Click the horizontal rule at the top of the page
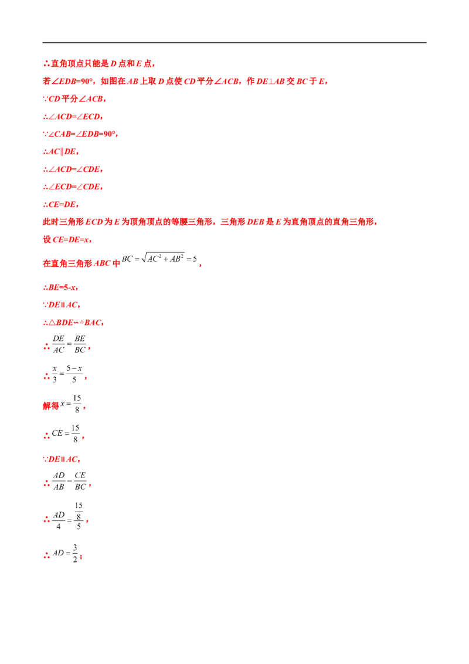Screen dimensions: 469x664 coord(234,42)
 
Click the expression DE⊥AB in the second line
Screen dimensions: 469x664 coord(270,82)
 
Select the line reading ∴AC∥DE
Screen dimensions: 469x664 coord(61,151)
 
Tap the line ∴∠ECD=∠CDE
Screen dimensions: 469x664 coord(73,187)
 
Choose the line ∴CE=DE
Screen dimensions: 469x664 coord(61,205)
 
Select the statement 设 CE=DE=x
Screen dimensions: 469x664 coord(67,240)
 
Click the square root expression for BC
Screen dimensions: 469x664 coord(159,258)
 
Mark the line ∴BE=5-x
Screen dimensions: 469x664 coord(60,287)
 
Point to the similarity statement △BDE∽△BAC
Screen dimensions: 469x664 coord(73,323)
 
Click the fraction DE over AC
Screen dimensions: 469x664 coord(59,344)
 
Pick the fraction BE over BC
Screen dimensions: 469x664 coord(80,344)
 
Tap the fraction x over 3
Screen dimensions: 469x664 coord(55,374)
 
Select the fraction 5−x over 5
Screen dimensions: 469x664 coord(74,374)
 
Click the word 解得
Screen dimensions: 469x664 coord(51,406)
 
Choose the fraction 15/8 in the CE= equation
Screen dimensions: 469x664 coord(76,433)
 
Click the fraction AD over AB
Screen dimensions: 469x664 coord(59,481)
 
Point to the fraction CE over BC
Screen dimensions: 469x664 coord(80,481)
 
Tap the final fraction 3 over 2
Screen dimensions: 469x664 coord(75,554)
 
